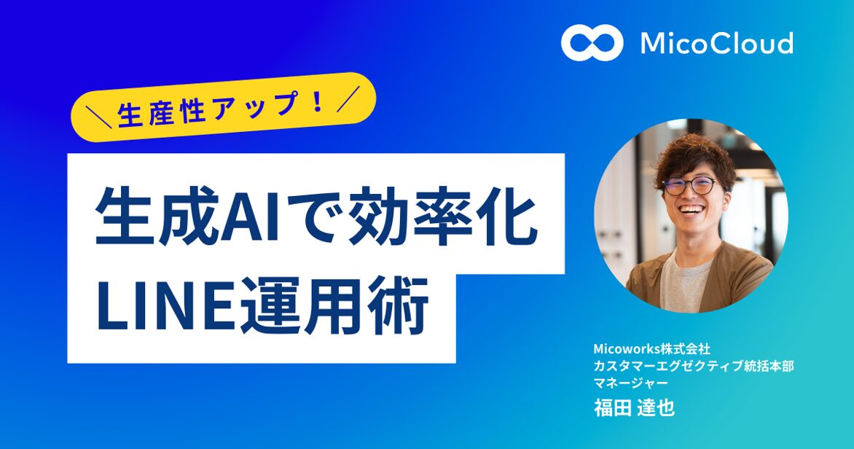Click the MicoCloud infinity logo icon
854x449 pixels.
tap(592, 43)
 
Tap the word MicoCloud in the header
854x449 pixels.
tap(716, 44)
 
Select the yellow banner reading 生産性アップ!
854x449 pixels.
tap(223, 106)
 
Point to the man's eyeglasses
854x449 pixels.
tap(690, 185)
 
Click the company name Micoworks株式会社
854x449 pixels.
tap(647, 348)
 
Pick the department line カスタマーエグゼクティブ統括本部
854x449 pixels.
tap(693, 365)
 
